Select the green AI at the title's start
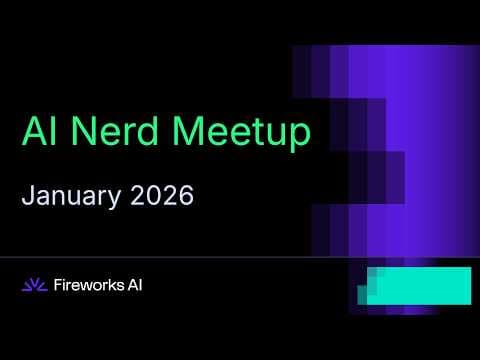(x=38, y=132)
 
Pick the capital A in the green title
(x=32, y=132)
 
